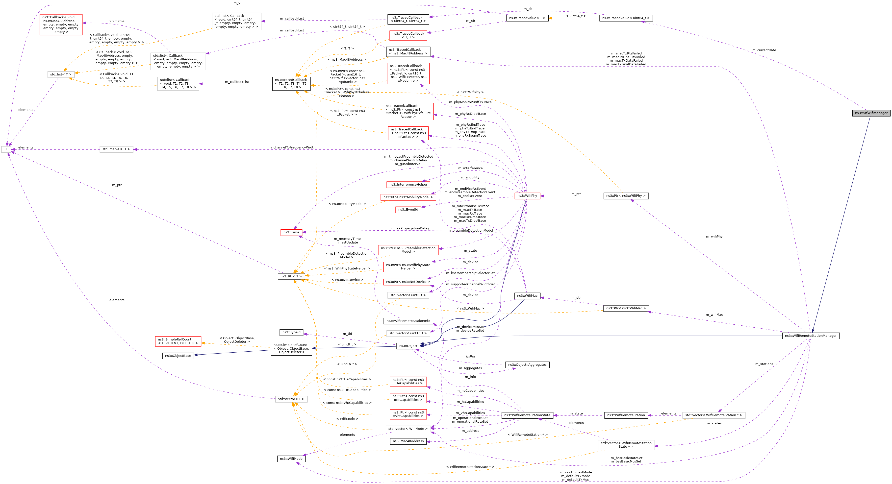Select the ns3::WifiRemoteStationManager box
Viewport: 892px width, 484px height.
[810, 336]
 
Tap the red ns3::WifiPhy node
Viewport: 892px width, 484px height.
[527, 196]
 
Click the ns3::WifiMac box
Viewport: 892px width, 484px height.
[527, 296]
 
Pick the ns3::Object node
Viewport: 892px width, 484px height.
[408, 346]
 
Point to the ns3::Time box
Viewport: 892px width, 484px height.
[291, 232]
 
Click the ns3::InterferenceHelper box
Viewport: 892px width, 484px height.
[408, 185]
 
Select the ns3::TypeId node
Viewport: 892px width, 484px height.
[291, 332]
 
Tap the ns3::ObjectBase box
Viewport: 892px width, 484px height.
[178, 356]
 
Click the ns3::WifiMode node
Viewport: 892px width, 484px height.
[291, 459]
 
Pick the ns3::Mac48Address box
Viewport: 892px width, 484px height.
[408, 441]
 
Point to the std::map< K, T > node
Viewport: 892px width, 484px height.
[116, 149]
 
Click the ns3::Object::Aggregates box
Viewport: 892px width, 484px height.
[527, 365]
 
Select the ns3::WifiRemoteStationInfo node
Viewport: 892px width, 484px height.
[408, 321]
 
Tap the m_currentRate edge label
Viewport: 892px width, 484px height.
[764, 50]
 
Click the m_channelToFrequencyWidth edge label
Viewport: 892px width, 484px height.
[292, 147]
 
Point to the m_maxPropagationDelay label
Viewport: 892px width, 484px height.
[408, 228]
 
